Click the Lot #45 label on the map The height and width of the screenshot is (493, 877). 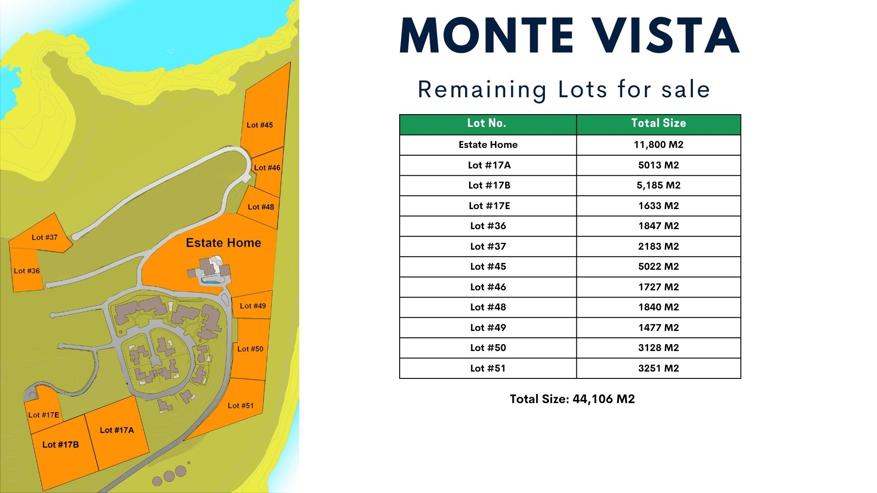[x=259, y=125]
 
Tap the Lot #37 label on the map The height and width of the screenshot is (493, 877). [x=44, y=237]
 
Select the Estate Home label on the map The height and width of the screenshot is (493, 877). [x=223, y=243]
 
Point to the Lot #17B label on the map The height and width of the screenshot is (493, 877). [x=60, y=445]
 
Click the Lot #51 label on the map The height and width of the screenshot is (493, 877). [x=240, y=406]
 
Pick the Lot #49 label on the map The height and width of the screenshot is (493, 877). [x=253, y=306]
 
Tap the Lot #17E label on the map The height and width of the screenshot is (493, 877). [x=44, y=415]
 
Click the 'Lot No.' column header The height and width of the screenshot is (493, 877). [x=486, y=123]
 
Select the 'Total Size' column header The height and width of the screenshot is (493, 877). [x=659, y=123]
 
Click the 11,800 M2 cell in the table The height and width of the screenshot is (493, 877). [x=659, y=145]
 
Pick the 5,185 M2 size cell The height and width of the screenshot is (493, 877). [x=659, y=185]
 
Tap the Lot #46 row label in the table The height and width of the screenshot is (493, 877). [x=488, y=287]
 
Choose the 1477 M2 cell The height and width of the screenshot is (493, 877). [x=659, y=328]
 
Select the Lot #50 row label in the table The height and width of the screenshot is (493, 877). [x=488, y=348]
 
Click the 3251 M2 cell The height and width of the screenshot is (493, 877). [x=659, y=368]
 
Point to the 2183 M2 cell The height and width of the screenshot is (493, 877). [x=659, y=246]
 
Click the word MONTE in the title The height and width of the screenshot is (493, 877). [x=486, y=36]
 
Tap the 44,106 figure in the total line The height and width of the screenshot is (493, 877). [x=592, y=399]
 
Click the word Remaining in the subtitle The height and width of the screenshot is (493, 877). [x=482, y=90]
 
